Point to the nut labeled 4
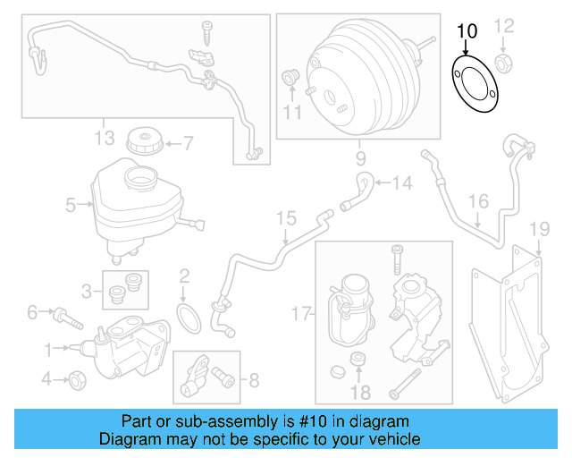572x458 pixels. pos(78,378)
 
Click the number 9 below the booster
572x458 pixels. pos(361,159)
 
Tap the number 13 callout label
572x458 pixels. pos(105,137)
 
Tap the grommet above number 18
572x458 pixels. pos(358,360)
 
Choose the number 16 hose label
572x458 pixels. pos(479,201)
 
